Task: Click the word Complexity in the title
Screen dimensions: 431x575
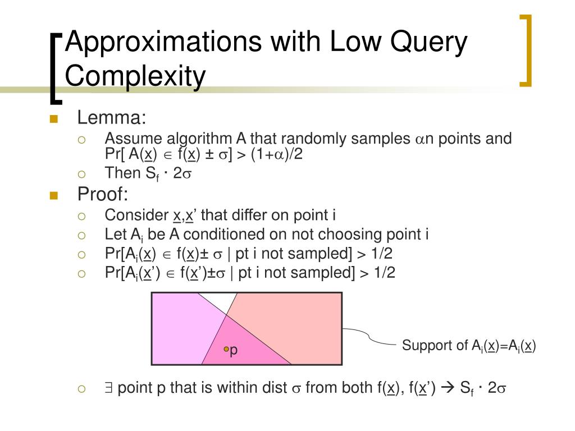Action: point(135,76)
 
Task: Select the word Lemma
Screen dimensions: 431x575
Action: point(111,118)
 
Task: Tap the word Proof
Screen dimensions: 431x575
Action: point(103,195)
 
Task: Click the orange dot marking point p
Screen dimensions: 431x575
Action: point(226,349)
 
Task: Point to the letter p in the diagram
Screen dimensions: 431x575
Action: point(234,350)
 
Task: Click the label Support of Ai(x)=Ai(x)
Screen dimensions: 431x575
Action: point(468,346)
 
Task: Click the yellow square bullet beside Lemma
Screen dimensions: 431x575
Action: point(54,118)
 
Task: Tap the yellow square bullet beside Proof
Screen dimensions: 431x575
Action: point(54,195)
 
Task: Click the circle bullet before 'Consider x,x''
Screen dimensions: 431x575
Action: point(81,215)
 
